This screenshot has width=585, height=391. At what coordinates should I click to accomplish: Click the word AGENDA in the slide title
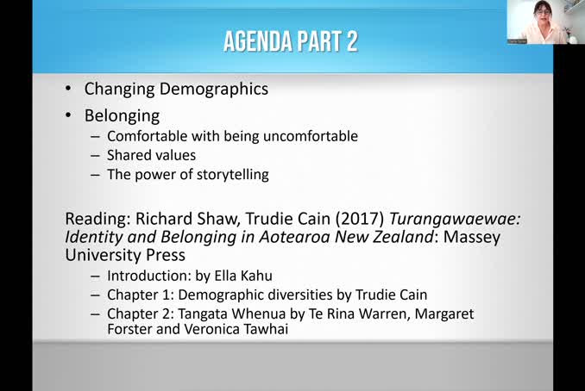259,40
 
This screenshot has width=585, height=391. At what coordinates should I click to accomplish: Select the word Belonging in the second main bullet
122,115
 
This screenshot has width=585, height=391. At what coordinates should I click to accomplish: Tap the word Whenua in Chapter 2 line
257,313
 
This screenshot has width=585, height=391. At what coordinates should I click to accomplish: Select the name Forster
132,329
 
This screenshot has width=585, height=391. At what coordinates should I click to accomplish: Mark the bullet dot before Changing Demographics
69,90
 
